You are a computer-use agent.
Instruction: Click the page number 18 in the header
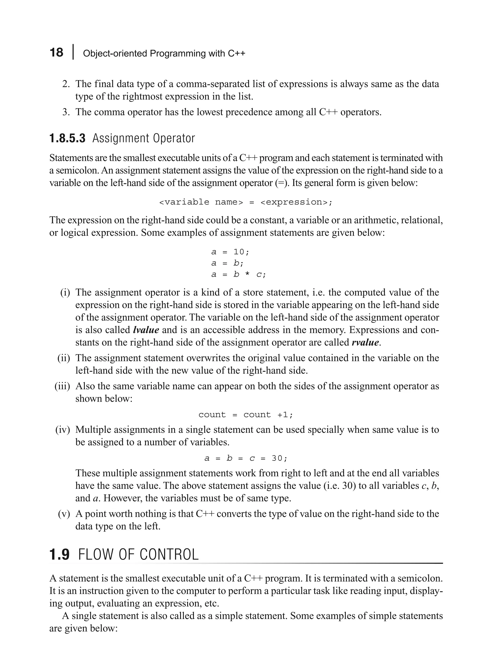56,53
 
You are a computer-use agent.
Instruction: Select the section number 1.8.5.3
67,139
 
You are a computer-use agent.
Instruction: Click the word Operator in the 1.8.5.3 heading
174,139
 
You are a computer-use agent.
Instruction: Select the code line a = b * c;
238,275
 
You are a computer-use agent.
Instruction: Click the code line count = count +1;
246,415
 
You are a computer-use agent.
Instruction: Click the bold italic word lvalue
146,330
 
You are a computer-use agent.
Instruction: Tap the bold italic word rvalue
365,343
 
